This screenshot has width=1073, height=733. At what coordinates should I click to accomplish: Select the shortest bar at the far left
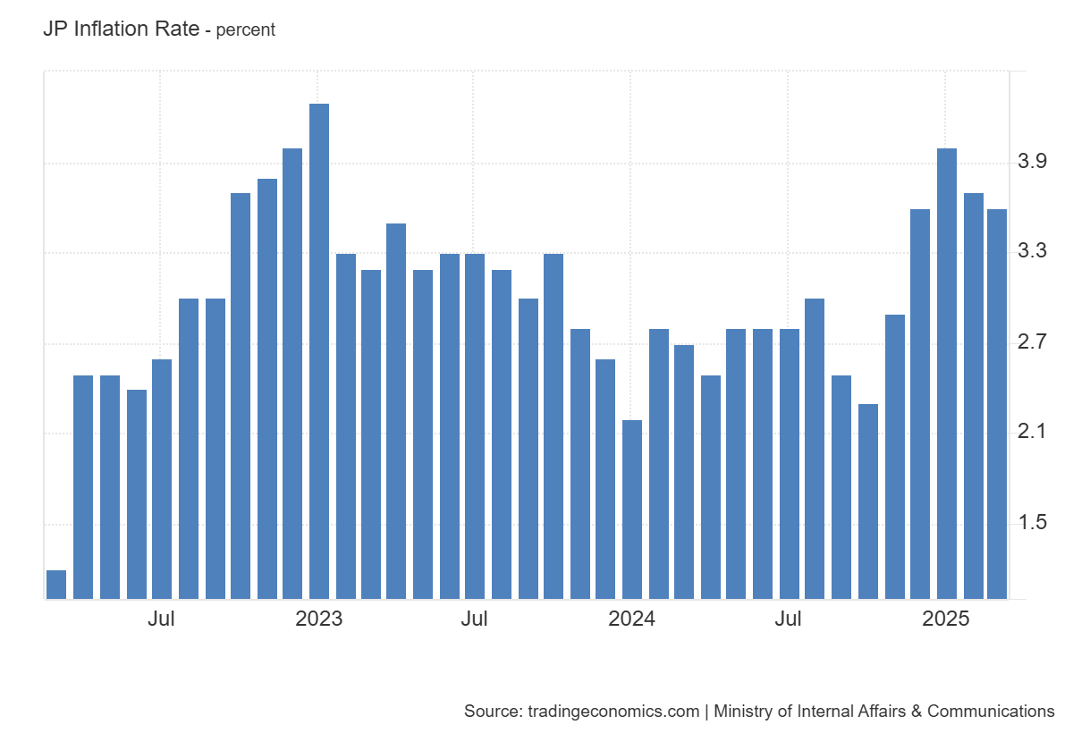56,585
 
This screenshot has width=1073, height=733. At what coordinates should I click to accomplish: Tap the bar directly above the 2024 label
632,510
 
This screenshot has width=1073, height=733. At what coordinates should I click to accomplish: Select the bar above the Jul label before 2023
162,479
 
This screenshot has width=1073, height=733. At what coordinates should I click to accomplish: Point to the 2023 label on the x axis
319,619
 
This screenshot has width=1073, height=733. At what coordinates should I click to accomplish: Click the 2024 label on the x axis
631,619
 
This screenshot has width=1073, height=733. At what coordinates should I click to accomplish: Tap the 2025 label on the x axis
946,619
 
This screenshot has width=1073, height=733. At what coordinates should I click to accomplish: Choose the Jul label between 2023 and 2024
475,619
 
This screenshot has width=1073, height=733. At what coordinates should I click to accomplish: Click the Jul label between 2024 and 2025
789,619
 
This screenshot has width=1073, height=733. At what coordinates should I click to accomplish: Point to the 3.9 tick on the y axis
1033,162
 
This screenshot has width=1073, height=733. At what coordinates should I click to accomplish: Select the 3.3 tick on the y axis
1033,252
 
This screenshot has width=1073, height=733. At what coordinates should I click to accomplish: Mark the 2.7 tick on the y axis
1033,342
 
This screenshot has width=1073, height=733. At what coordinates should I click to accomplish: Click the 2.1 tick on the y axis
1033,433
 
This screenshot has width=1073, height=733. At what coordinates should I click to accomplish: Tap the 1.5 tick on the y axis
1033,523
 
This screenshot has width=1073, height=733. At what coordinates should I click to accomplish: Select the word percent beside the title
246,29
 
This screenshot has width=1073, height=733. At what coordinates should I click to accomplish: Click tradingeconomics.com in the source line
613,712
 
